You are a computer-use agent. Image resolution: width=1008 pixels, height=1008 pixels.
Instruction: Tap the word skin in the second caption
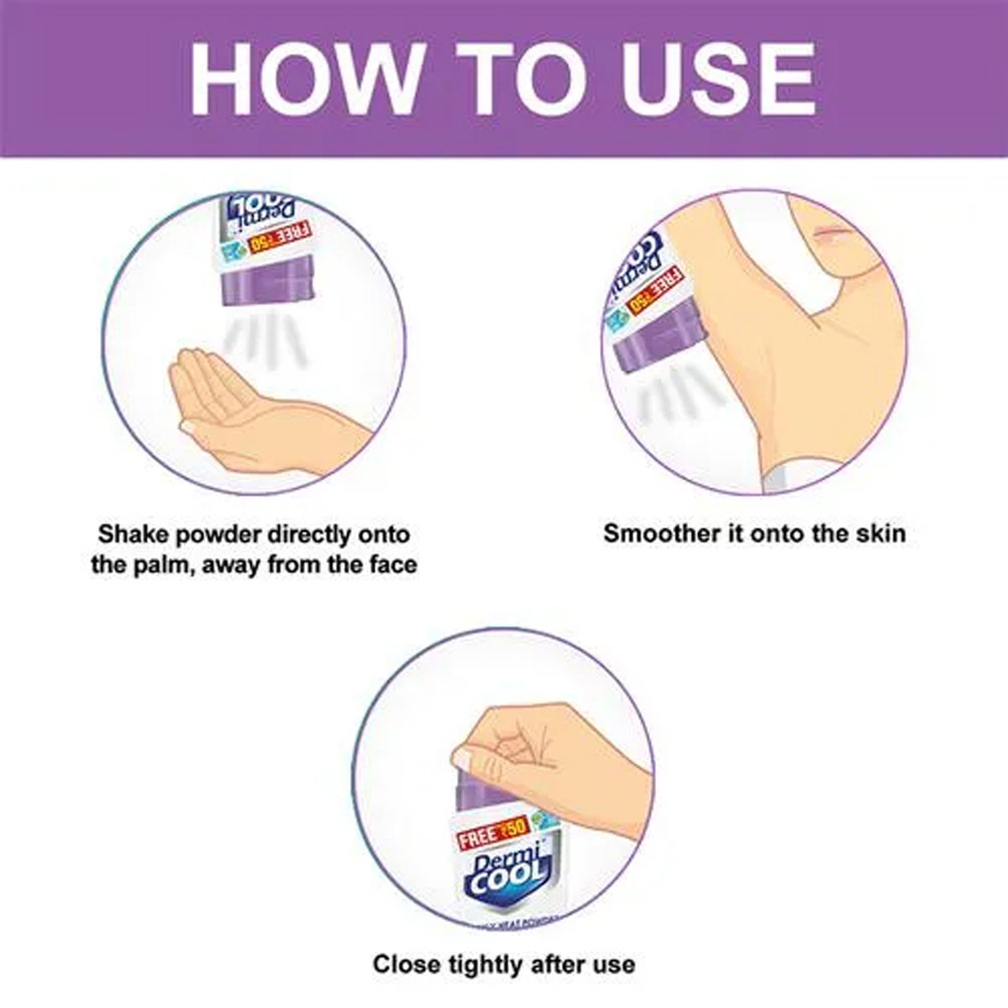879,533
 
